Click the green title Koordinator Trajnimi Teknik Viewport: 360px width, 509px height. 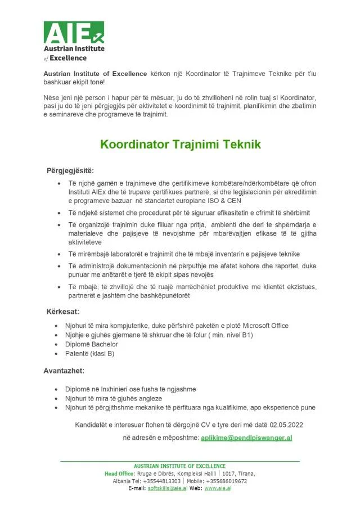pyautogui.click(x=180, y=145)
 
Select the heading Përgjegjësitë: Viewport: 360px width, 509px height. pyautogui.click(x=70, y=170)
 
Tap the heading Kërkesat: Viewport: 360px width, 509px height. pyautogui.click(x=62, y=311)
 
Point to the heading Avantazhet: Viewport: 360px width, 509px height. pyautogui.click(x=64, y=371)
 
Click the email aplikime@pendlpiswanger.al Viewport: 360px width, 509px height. pyautogui.click(x=246, y=438)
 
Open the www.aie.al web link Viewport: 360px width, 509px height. pyautogui.click(x=218, y=488)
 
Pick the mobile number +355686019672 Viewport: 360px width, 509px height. pyautogui.click(x=226, y=481)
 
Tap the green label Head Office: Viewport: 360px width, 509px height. pyautogui.click(x=119, y=474)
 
